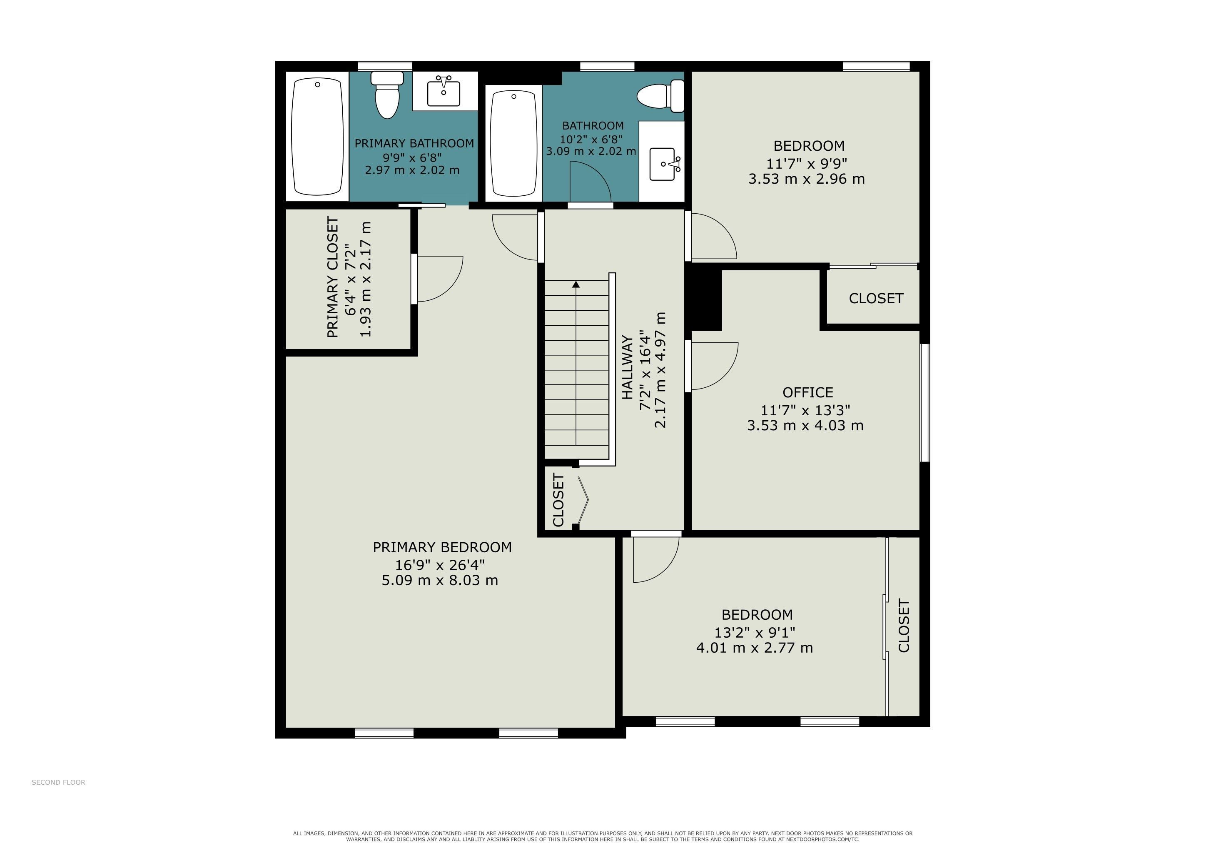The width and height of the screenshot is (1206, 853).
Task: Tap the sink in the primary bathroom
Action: [x=444, y=90]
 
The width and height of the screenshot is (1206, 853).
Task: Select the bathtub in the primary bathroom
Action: [x=317, y=137]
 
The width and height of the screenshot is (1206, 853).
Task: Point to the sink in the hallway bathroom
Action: [x=665, y=164]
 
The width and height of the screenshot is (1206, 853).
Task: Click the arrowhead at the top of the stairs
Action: [x=576, y=284]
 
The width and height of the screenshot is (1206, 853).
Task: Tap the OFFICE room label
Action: [x=808, y=392]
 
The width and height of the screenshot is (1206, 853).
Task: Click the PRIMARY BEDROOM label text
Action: [x=442, y=547]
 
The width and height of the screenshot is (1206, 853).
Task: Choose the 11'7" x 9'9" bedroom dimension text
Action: [x=807, y=163]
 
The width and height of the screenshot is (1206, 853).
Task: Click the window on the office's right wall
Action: [x=925, y=403]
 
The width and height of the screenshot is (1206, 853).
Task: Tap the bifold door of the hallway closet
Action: [x=583, y=499]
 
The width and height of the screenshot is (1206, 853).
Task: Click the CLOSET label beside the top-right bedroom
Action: [x=876, y=298]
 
